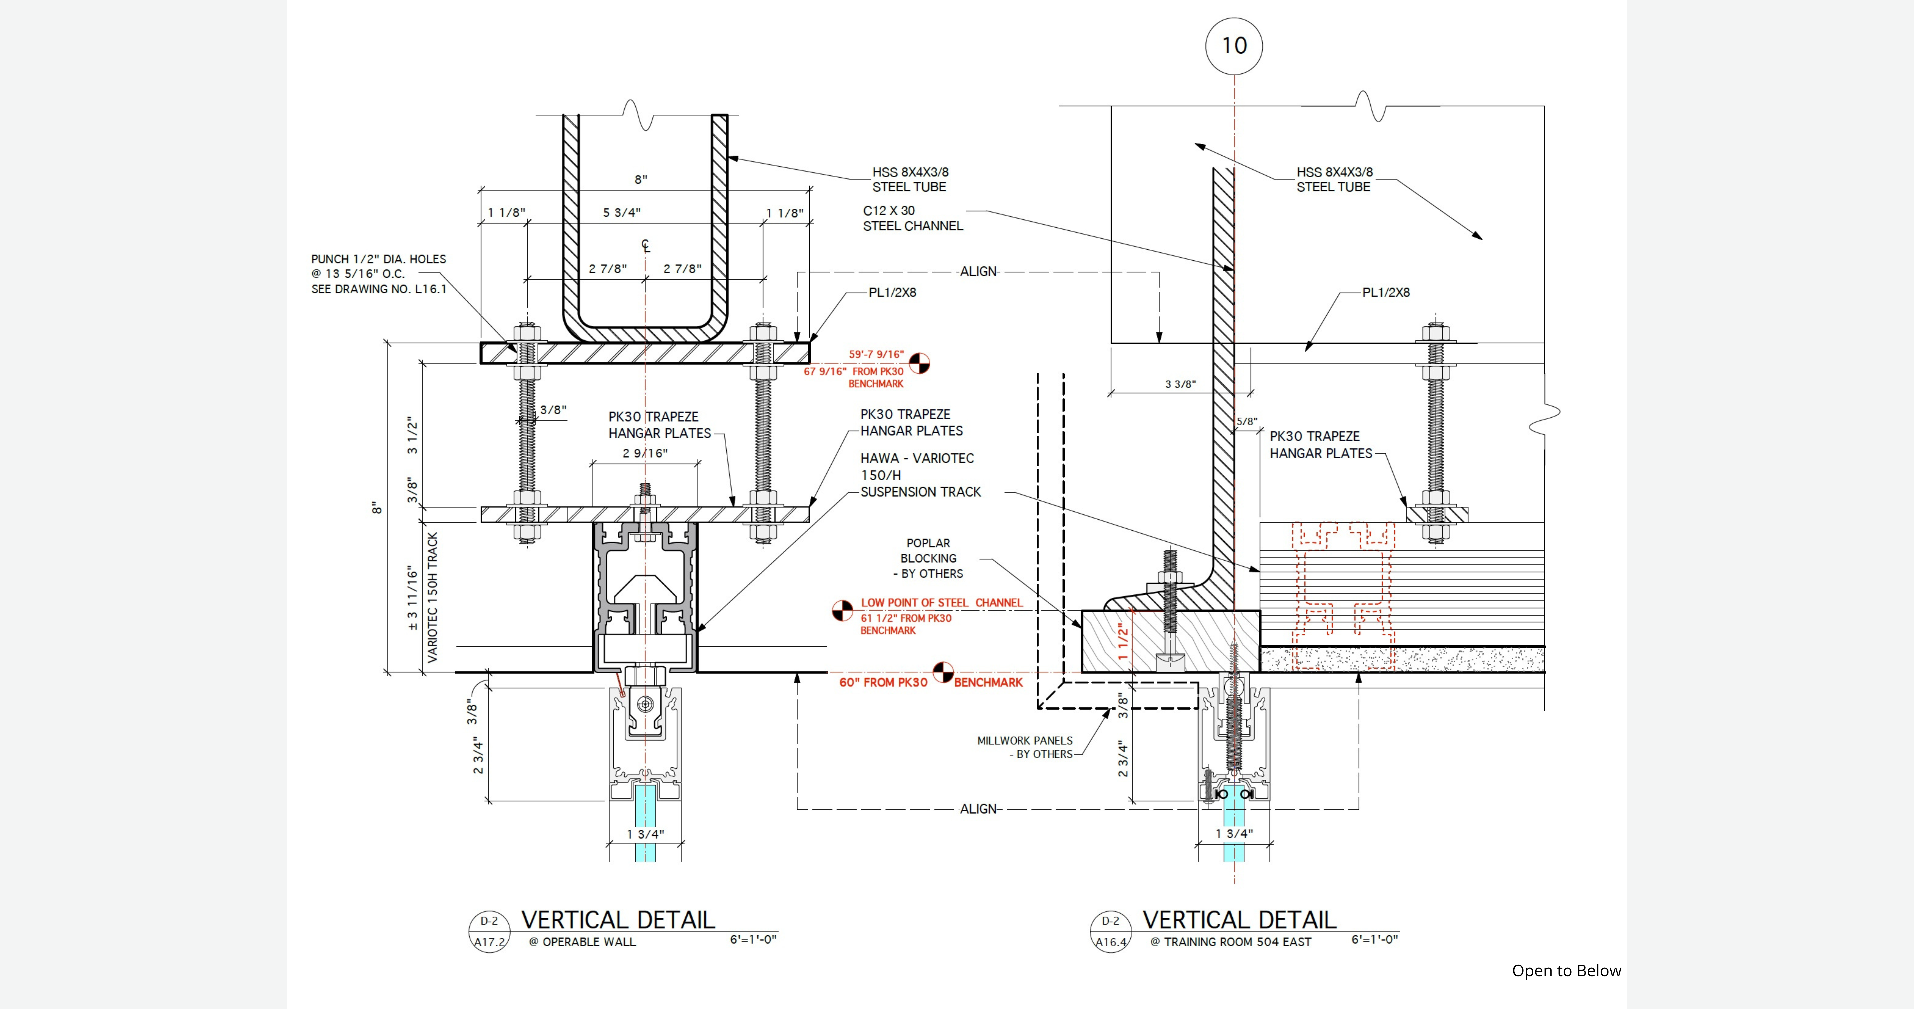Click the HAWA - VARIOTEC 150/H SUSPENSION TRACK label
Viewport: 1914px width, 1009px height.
click(920, 475)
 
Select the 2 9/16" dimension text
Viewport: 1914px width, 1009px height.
click(645, 453)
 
